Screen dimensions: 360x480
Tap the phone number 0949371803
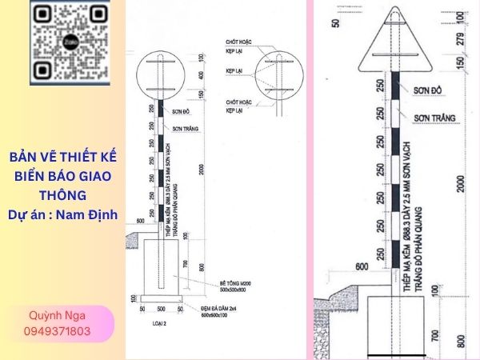58,331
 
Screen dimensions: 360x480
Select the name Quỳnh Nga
58,316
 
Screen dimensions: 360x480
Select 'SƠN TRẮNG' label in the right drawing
434,118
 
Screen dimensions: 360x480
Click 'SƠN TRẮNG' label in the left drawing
185,128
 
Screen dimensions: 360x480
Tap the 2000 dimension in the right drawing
460,185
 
